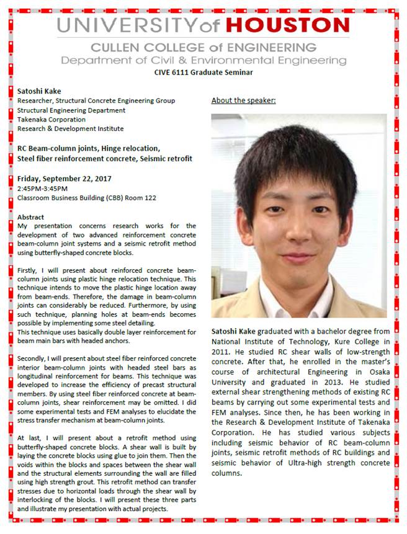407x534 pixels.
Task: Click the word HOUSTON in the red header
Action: tap(287, 25)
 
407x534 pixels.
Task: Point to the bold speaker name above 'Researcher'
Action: tap(39, 91)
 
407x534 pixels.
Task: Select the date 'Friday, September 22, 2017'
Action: tap(65, 178)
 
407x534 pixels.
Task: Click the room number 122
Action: tap(150, 198)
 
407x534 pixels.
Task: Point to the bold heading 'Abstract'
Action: tap(31, 217)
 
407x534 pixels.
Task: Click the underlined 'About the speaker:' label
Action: tap(243, 100)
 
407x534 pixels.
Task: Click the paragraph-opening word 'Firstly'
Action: tap(28, 270)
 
